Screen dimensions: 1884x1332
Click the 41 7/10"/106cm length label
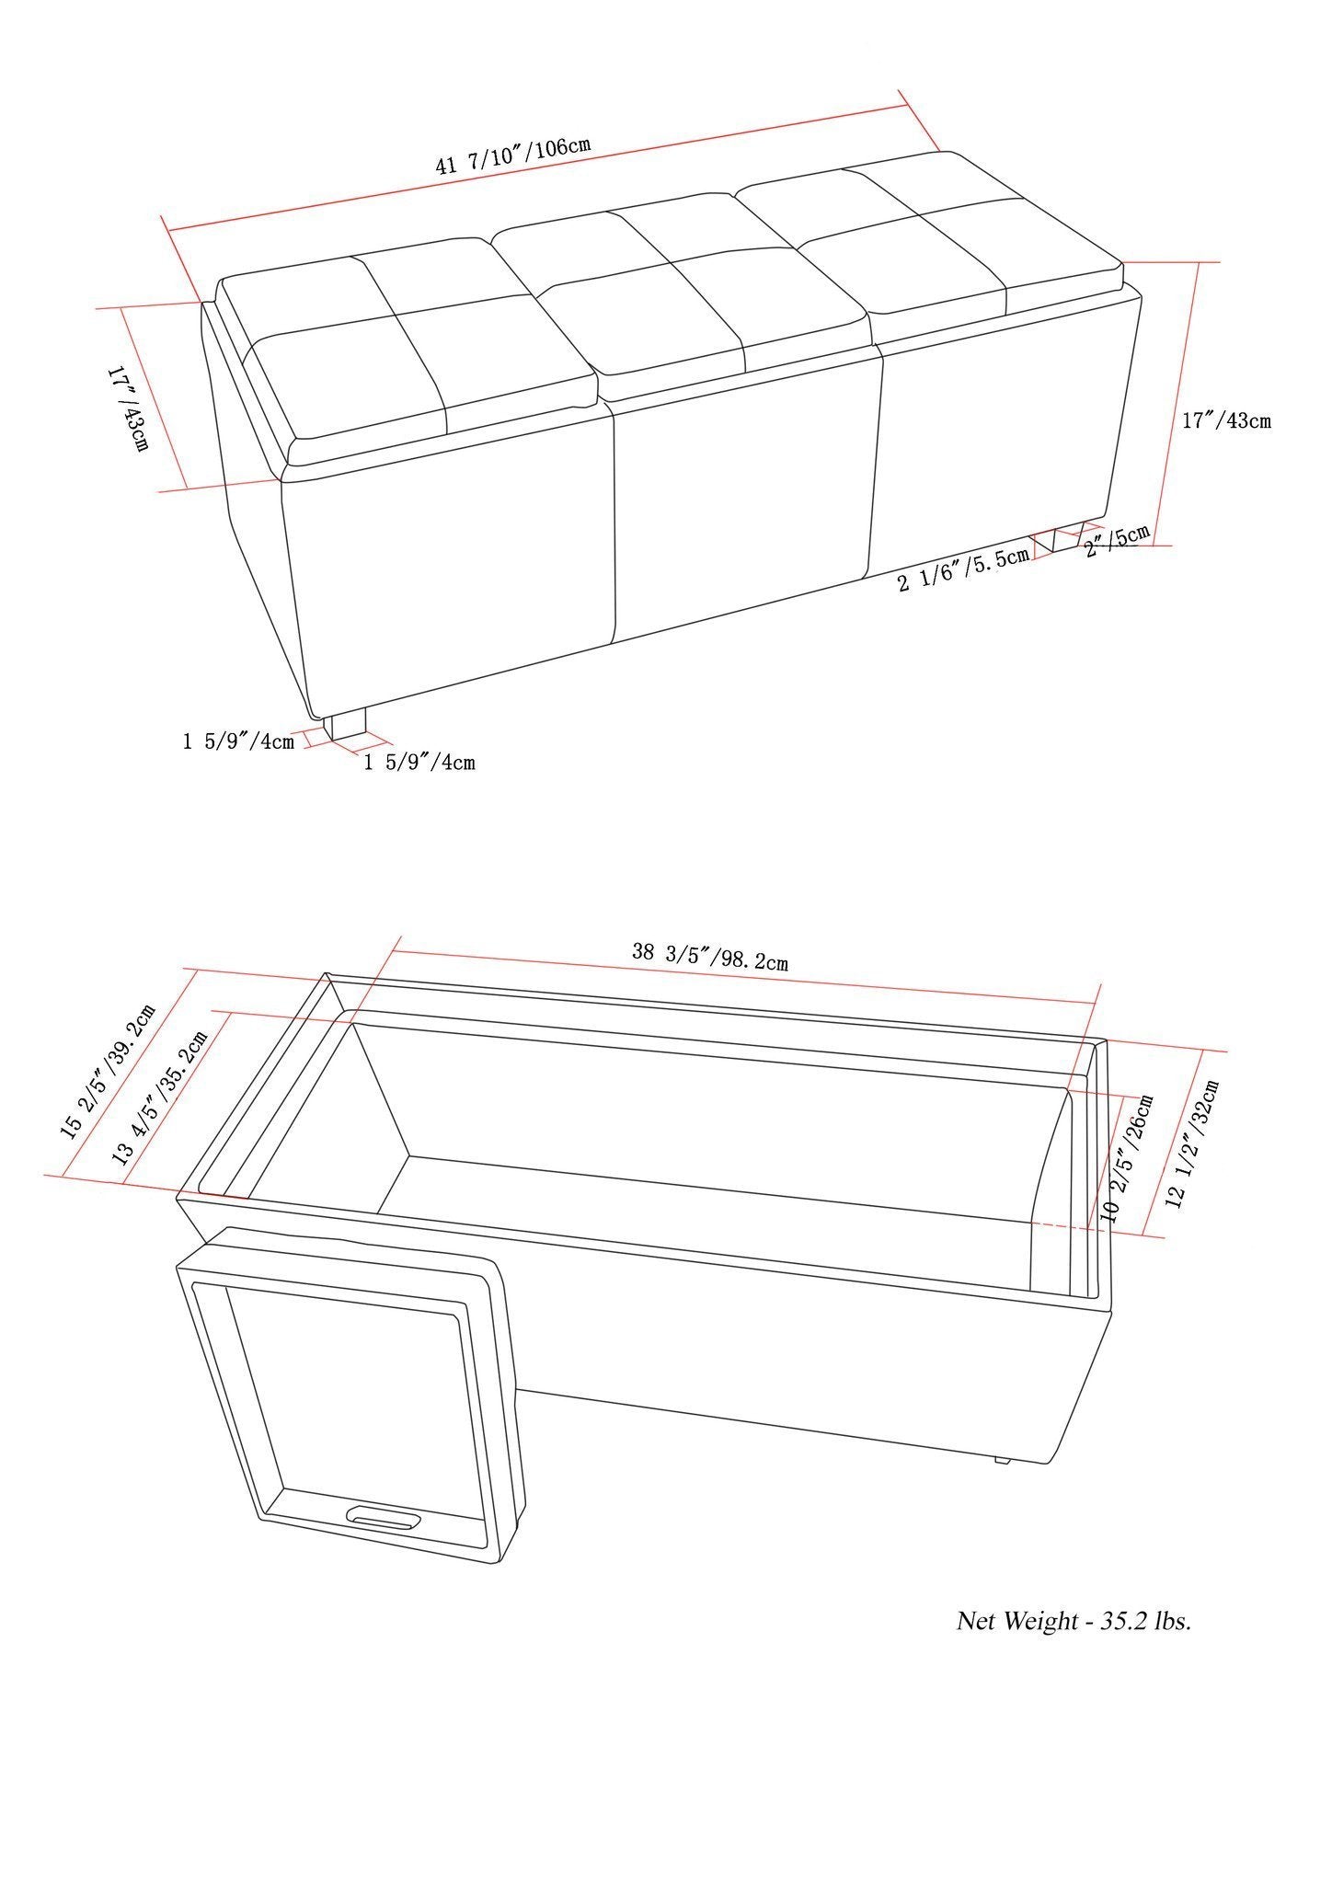(512, 156)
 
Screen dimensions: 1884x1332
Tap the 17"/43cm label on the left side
(128, 408)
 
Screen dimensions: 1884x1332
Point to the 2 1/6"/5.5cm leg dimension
(963, 570)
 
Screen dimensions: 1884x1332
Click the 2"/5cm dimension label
(1117, 541)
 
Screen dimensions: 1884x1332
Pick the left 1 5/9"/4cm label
(238, 741)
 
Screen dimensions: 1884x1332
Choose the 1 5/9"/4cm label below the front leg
(419, 762)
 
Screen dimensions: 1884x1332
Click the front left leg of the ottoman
(348, 724)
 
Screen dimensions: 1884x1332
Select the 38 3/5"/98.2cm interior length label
(709, 957)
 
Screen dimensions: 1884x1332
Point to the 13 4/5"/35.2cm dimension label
(160, 1097)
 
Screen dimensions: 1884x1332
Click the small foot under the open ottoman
(1002, 1460)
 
